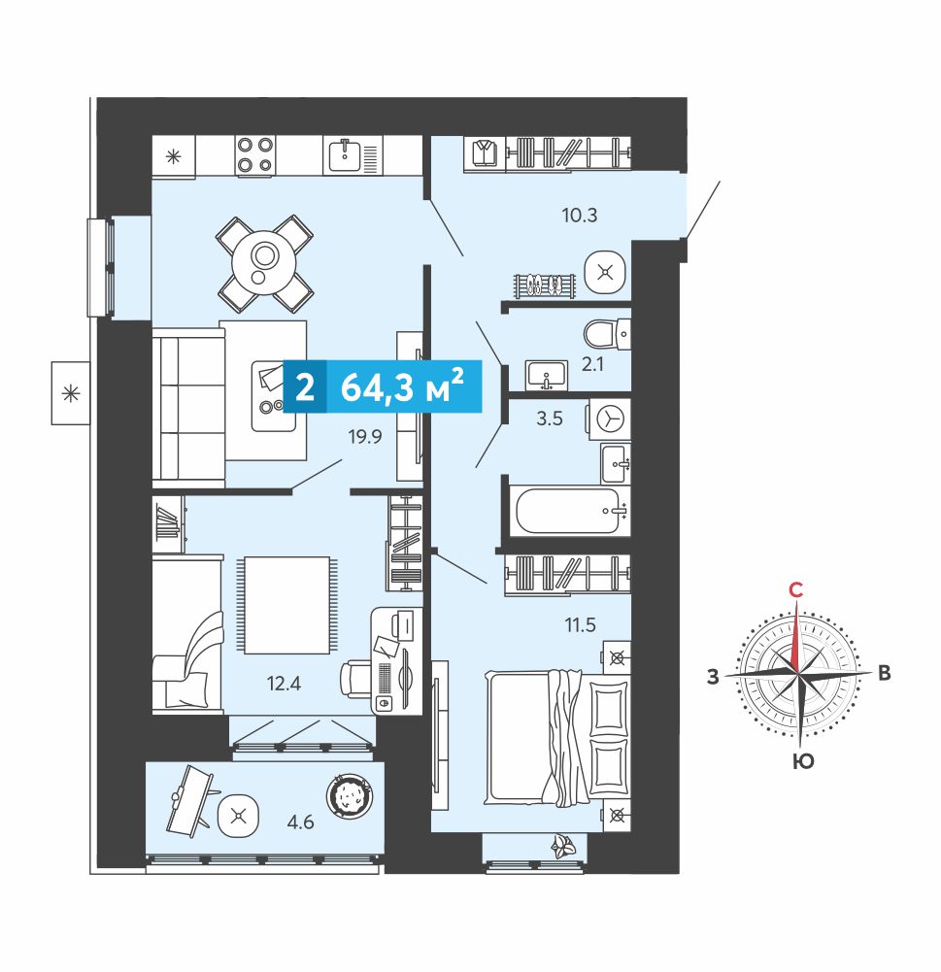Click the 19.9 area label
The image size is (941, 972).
coord(365,437)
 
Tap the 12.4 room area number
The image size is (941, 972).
coord(284,684)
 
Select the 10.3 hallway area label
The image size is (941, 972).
coord(580,216)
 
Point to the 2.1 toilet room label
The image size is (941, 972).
coord(592,364)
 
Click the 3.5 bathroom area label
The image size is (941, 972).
coord(550,419)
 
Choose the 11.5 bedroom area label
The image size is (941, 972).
coord(580,625)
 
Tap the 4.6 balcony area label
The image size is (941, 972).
coord(301,822)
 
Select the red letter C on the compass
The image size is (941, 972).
coord(796,589)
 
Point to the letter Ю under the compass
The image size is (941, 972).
coord(803,760)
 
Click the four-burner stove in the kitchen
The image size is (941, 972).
coord(255,155)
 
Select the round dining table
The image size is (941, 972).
coord(265,263)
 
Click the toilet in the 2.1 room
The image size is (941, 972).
coord(607,335)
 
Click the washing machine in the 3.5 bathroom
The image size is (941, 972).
coord(609,419)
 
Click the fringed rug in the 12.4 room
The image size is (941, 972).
coord(286,605)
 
